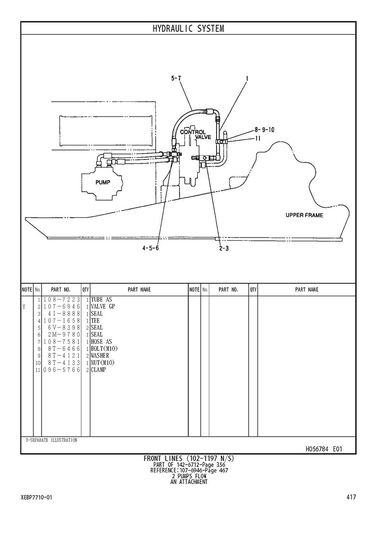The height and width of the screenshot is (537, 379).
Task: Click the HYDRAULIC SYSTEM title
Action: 188,28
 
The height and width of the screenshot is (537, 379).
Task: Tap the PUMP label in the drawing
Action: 102,182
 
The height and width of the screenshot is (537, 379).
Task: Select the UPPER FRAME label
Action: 304,215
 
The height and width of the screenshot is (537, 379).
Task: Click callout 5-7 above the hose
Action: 176,78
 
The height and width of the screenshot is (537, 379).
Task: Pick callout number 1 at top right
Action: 247,78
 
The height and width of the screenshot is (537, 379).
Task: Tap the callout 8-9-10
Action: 264,130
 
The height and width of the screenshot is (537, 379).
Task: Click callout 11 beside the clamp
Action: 258,139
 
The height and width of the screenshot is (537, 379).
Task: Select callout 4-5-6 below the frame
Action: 151,248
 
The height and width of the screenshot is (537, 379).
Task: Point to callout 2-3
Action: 224,248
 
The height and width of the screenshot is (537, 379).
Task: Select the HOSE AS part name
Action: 101,342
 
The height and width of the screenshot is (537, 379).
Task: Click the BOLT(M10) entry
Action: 104,349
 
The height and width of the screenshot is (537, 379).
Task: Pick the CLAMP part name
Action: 99,370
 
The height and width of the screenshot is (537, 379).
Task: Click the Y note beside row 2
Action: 23,307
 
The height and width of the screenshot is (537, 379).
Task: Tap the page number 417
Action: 351,497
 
